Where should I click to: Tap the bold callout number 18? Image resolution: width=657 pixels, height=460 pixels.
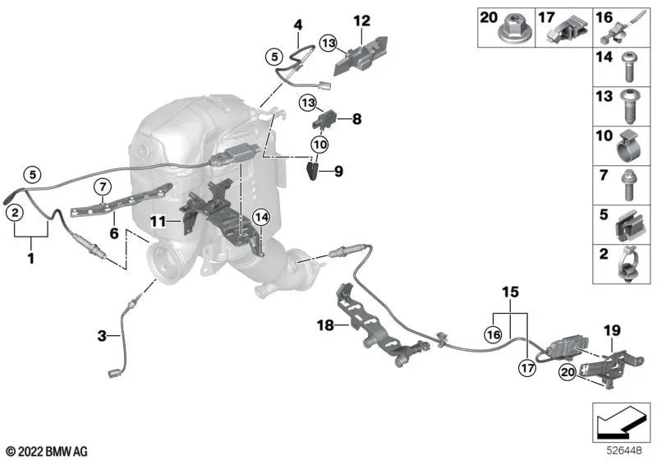click(325, 324)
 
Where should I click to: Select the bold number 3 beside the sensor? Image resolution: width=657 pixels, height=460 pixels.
click(102, 335)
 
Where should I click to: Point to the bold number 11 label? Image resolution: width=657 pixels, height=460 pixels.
click(159, 221)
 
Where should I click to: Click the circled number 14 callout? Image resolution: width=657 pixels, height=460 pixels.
click(261, 217)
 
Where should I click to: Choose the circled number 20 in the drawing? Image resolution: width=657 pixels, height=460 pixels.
click(567, 371)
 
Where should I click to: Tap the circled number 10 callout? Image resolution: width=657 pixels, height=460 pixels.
click(319, 145)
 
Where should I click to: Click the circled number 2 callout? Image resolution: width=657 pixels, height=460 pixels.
click(15, 213)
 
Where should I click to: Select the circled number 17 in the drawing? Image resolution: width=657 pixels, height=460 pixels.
click(526, 368)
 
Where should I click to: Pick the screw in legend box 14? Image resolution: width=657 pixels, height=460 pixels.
click(628, 67)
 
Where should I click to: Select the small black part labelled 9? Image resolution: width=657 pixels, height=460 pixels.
click(313, 171)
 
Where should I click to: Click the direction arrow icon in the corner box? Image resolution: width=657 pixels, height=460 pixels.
click(622, 423)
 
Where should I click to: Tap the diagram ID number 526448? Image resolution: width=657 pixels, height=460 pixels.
click(624, 451)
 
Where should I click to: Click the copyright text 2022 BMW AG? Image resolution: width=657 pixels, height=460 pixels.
click(48, 452)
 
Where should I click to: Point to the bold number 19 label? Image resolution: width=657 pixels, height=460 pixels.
click(612, 330)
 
